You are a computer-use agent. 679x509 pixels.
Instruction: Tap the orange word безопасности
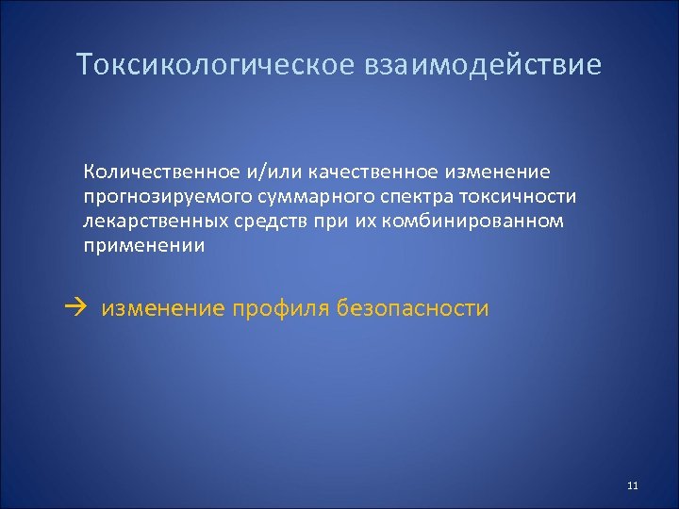[x=415, y=307]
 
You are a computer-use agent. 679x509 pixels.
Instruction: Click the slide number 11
[x=632, y=485]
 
